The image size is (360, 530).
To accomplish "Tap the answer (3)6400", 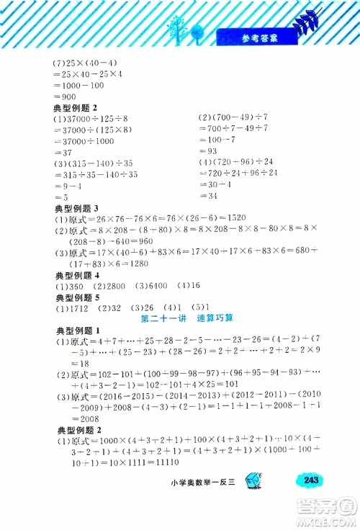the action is point(147,286).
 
